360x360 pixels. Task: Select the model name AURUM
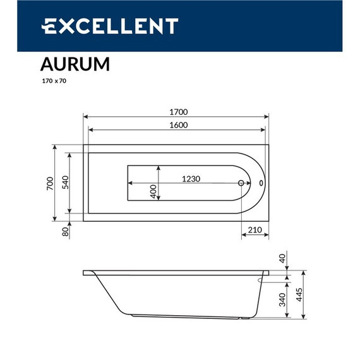pyautogui.click(x=75, y=65)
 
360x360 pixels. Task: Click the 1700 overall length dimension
pyautogui.click(x=179, y=112)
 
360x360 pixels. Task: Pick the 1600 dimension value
pyautogui.click(x=179, y=125)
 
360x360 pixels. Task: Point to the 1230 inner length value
pyautogui.click(x=191, y=179)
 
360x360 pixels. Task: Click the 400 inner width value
pyautogui.click(x=153, y=192)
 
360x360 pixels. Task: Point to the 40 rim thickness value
pyautogui.click(x=282, y=258)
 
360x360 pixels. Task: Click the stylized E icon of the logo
pyautogui.click(x=50, y=26)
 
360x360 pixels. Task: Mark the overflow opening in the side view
pyautogui.click(x=262, y=279)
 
